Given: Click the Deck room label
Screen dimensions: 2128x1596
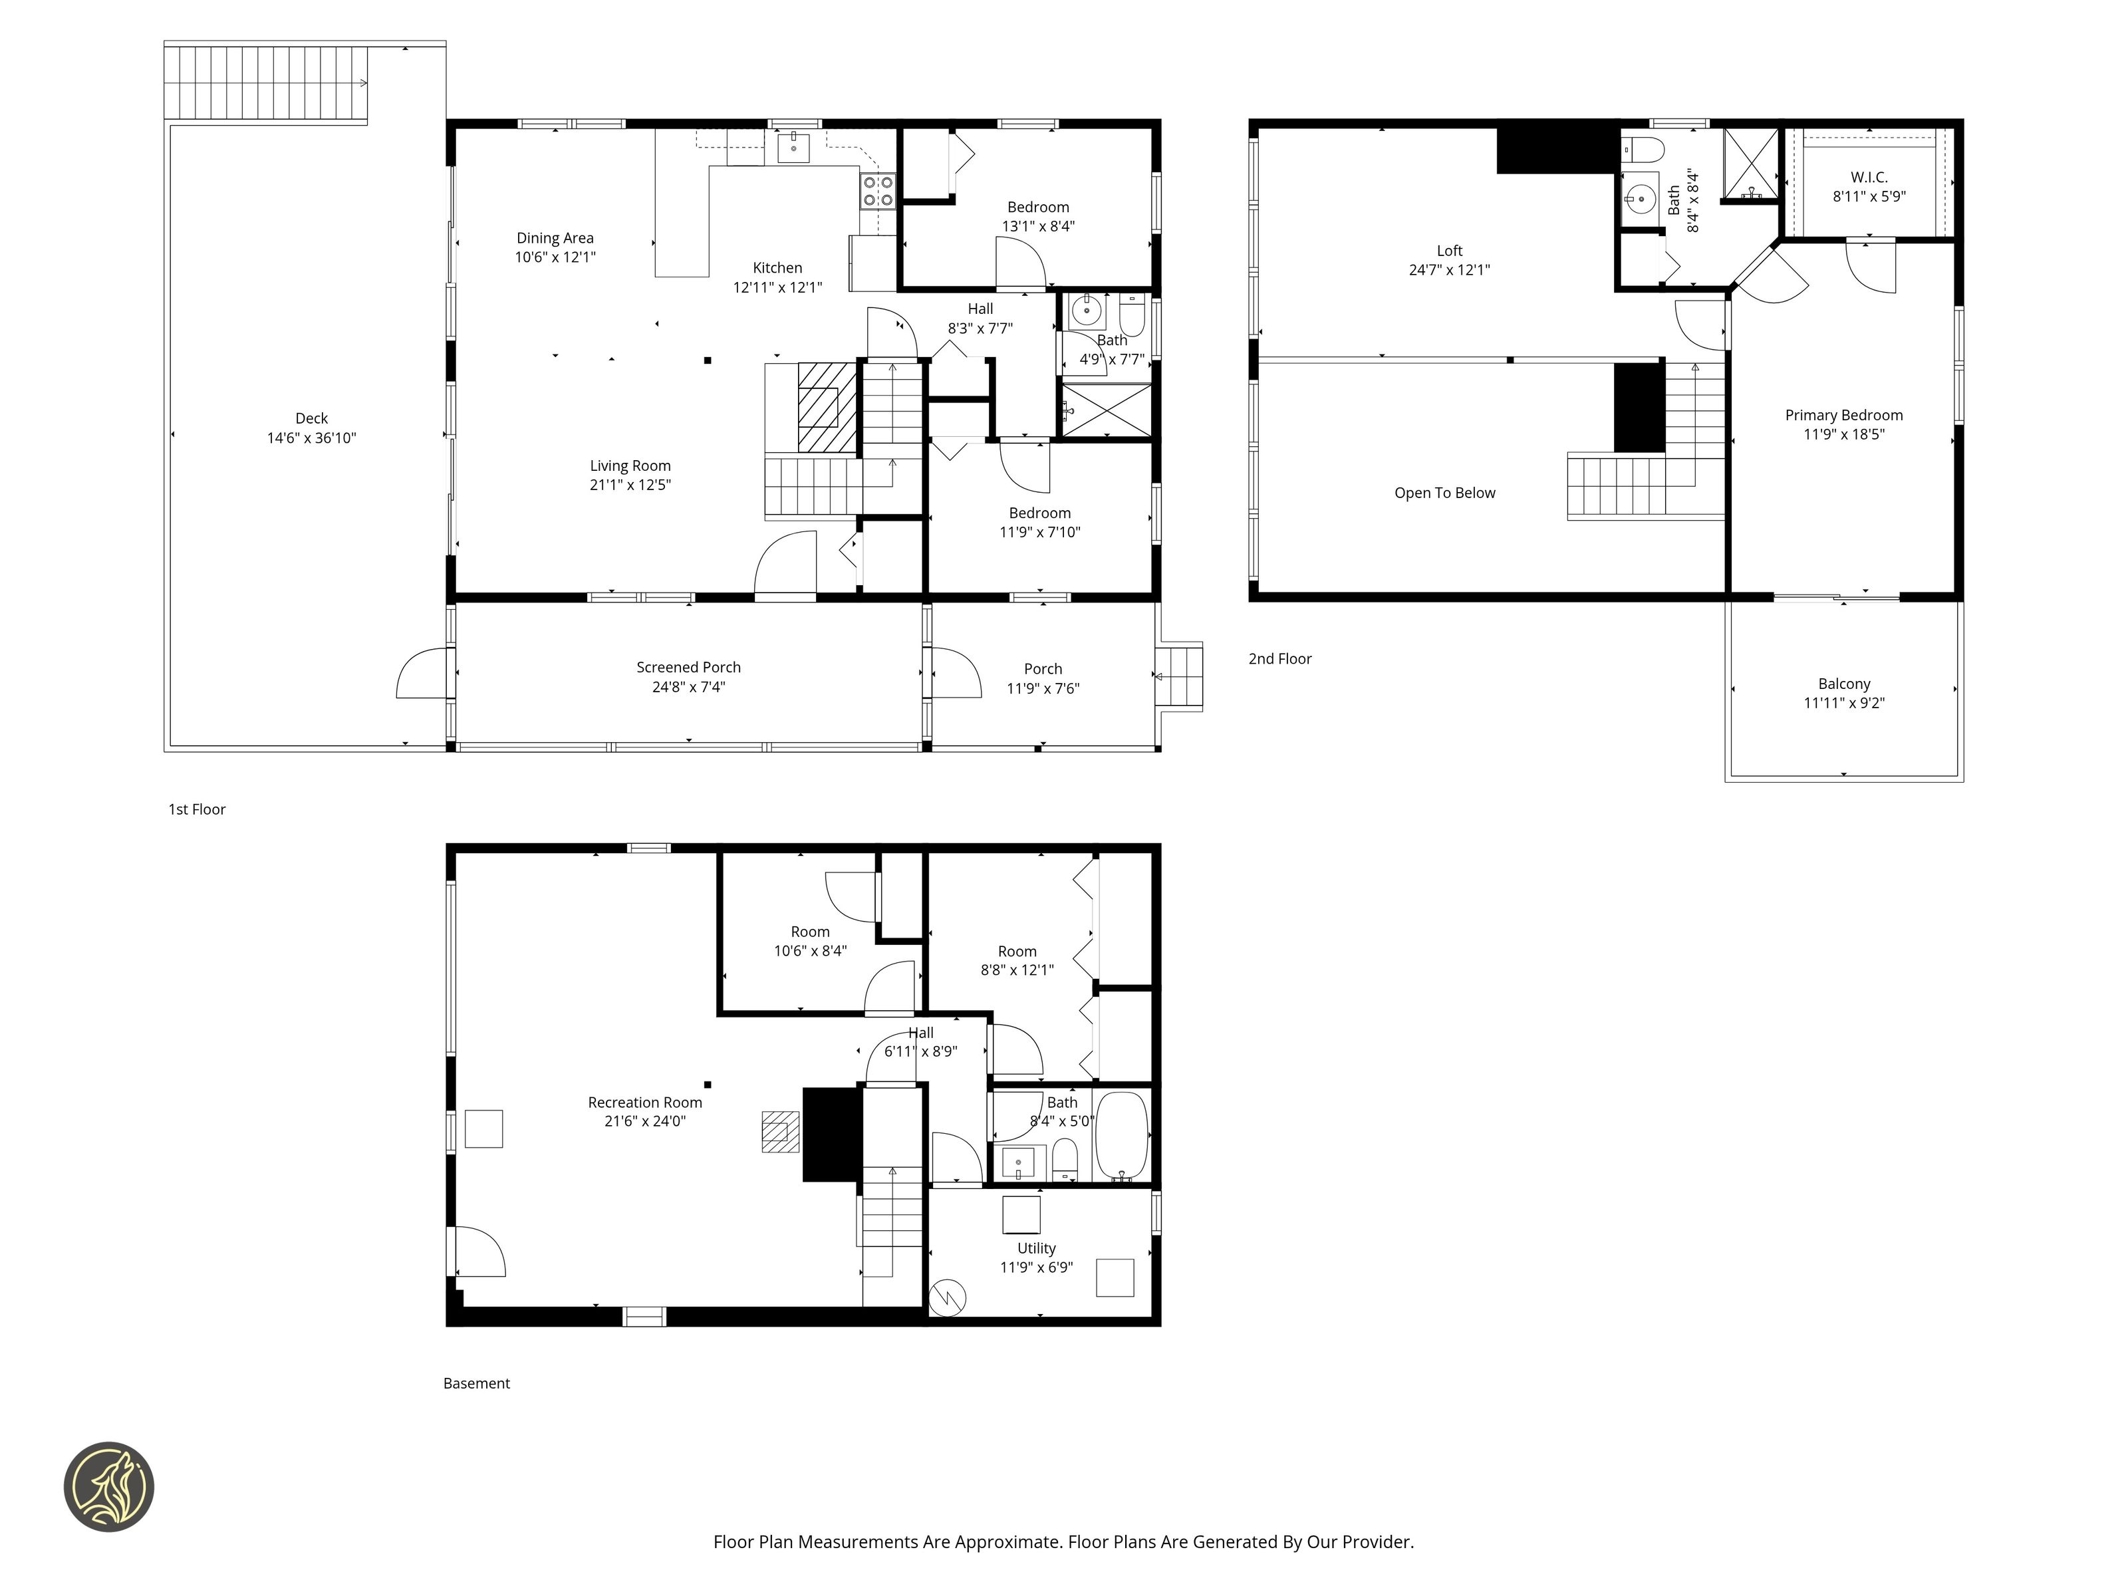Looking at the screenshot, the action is pos(312,418).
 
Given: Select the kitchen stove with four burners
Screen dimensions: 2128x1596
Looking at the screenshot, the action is pos(877,190).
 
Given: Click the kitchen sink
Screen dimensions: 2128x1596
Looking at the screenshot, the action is pos(793,148).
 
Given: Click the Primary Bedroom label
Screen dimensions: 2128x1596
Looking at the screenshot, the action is pos(1843,415).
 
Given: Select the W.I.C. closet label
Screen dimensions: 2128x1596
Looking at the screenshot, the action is pos(1868,177).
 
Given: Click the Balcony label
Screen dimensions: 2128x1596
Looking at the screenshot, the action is pos(1843,684).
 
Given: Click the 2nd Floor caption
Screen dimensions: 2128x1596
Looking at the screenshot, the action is pos(1279,659).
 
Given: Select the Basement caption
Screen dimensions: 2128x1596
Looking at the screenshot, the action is pos(476,1383).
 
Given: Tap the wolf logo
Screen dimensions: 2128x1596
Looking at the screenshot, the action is pos(108,1486).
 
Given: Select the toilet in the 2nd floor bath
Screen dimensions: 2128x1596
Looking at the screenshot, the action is pos(1643,149).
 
